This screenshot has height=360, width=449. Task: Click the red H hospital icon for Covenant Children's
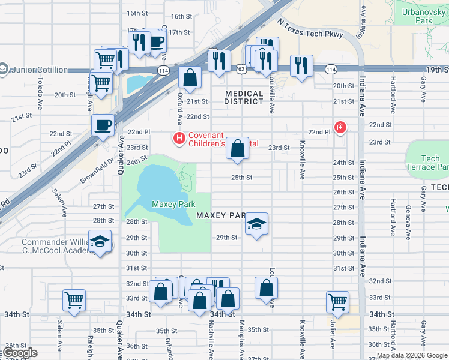tap(178, 139)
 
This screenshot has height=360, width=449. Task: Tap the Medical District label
tap(244, 97)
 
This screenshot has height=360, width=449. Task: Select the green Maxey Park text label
tap(173, 205)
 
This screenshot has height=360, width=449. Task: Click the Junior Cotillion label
tap(38, 70)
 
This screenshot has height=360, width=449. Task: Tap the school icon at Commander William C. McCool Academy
tap(100, 242)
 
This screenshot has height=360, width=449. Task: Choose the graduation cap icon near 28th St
tap(256, 224)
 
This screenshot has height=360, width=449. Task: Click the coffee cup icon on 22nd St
tap(103, 125)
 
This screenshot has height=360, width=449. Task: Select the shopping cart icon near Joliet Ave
tap(337, 302)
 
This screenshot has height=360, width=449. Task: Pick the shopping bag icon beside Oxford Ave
tap(190, 78)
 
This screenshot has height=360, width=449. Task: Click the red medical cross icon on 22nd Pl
tap(340, 127)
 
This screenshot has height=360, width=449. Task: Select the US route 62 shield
tap(241, 70)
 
